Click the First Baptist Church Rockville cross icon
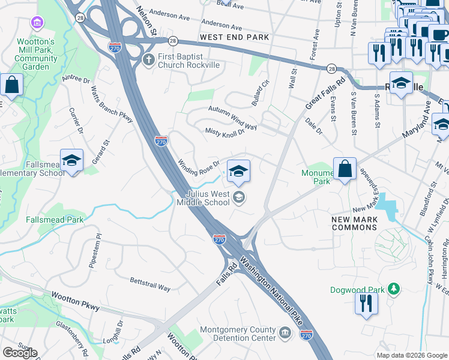click(149, 59)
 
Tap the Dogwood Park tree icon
click(394, 290)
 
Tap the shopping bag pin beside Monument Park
click(345, 170)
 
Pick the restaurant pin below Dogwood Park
click(366, 304)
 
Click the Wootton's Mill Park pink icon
click(38, 23)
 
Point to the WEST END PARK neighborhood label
click(234, 37)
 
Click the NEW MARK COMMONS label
click(355, 223)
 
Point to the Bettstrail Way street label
click(150, 284)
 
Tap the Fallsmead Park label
click(55, 220)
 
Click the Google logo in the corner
click(20, 353)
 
